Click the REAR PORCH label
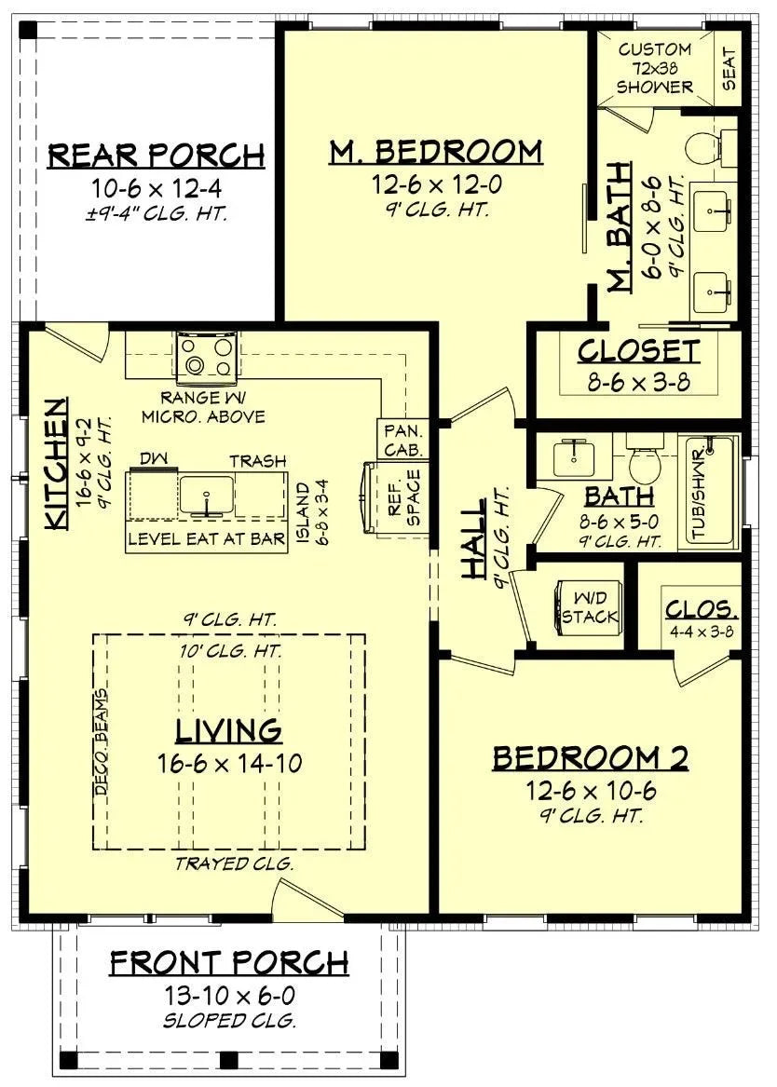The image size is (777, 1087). [x=156, y=154]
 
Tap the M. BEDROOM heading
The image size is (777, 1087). [x=435, y=151]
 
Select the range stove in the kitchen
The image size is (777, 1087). [x=206, y=357]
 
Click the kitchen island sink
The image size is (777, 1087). [x=206, y=492]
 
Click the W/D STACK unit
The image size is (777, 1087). [x=588, y=605]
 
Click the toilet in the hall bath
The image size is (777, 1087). [x=644, y=459]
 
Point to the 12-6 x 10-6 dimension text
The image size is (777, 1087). [x=590, y=792]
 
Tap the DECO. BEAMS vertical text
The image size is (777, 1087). [x=101, y=741]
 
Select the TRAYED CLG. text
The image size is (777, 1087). [x=234, y=863]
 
